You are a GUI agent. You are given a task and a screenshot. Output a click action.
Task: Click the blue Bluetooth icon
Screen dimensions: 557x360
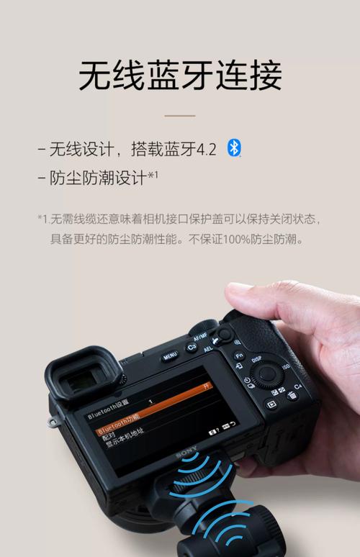coord(234,148)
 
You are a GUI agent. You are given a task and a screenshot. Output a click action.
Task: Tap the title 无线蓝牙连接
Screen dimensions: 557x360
coord(180,76)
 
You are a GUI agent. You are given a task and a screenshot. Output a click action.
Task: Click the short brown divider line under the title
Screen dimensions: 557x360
coord(180,115)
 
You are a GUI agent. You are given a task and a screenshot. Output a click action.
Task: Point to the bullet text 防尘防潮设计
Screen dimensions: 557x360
coord(98,177)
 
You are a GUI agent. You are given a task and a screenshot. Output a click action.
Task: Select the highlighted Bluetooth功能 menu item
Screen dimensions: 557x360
coord(119,430)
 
